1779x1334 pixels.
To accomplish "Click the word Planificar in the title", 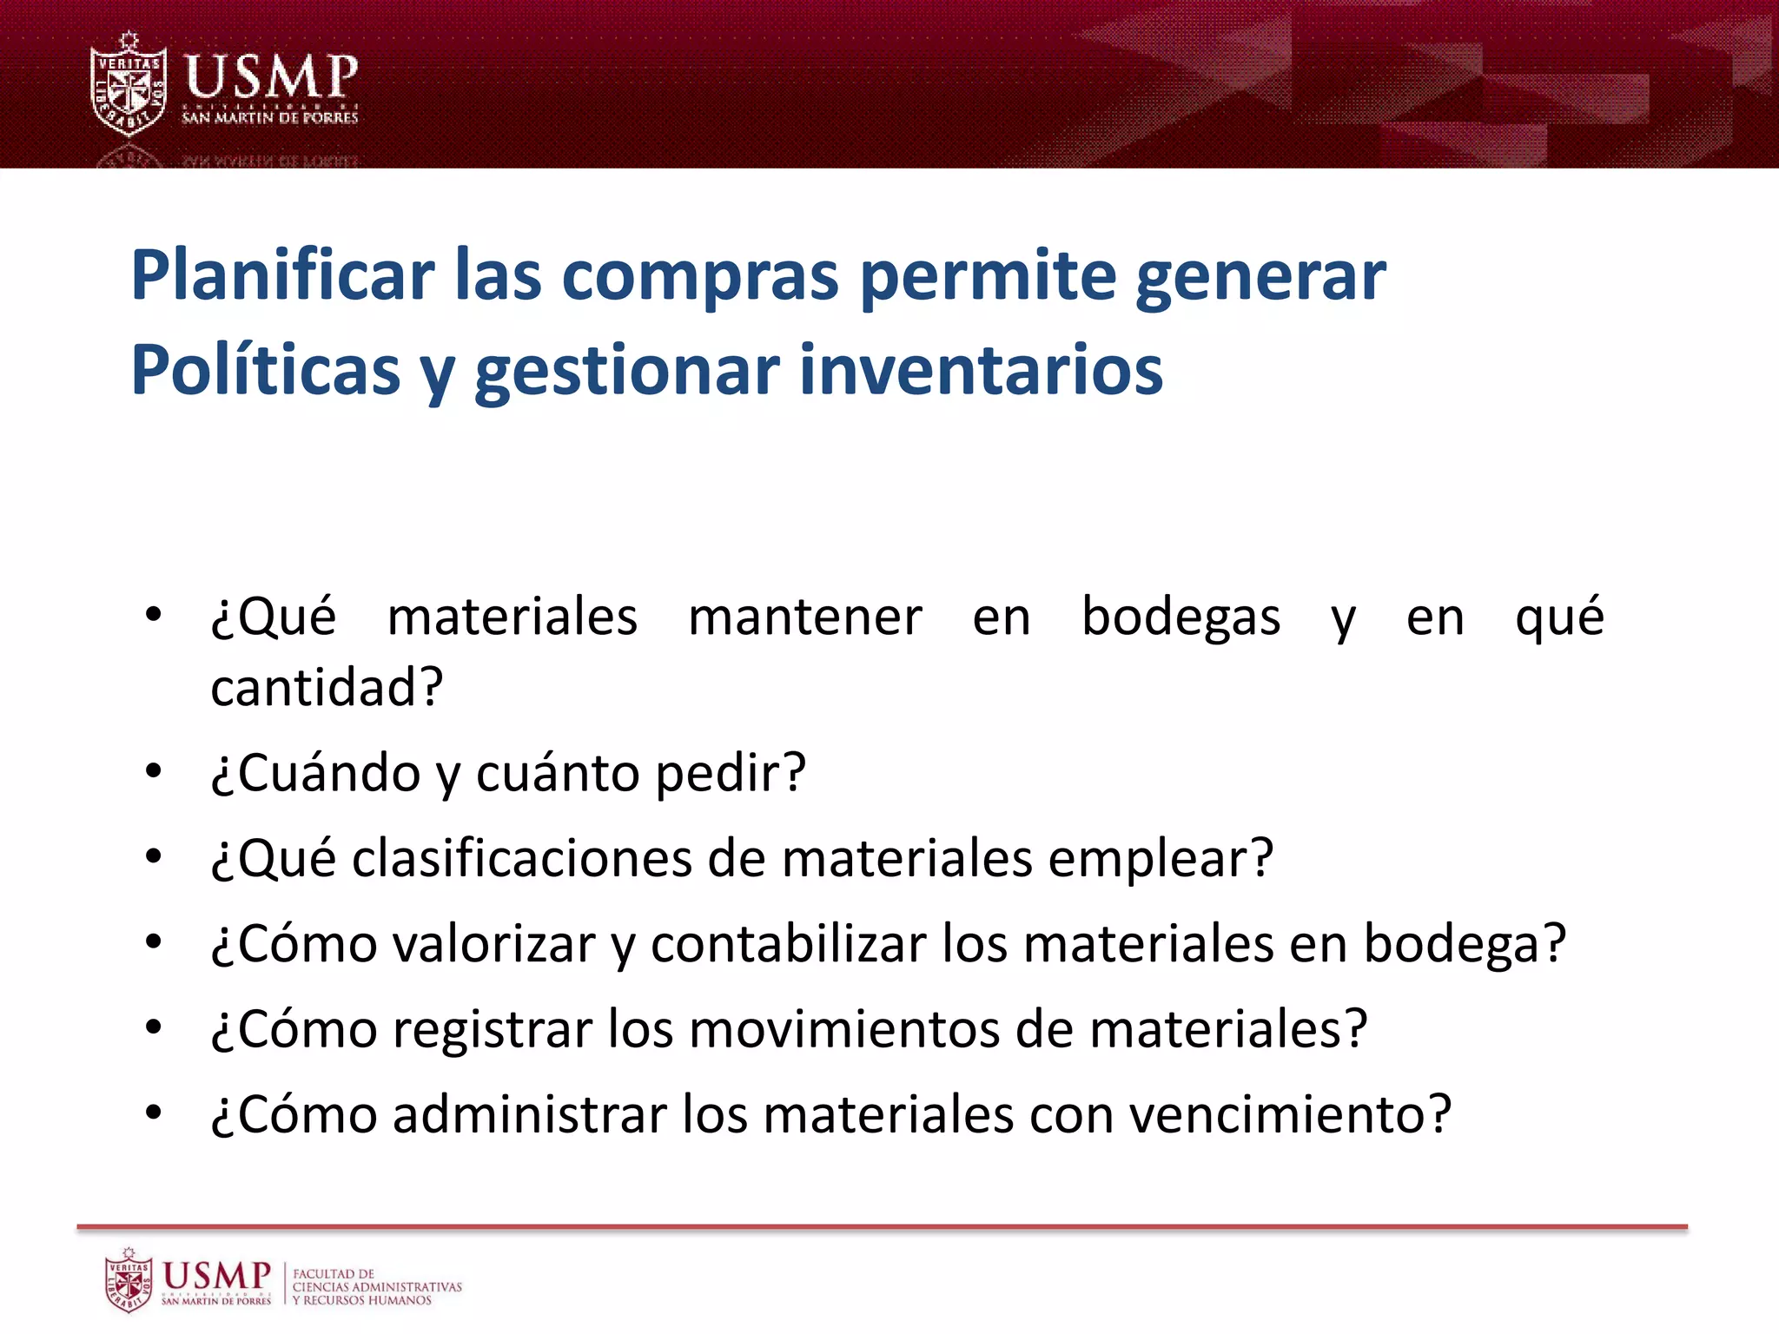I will tap(282, 276).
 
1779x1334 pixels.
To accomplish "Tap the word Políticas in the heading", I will tap(265, 371).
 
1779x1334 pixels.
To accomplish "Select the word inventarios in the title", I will tap(981, 371).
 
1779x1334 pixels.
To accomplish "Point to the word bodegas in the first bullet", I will tap(1180, 618).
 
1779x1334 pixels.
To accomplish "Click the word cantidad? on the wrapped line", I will tap(327, 688).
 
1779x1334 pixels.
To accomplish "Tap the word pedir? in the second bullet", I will tap(731, 773).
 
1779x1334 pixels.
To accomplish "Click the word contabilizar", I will tap(789, 944).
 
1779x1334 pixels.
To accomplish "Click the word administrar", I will tap(529, 1114).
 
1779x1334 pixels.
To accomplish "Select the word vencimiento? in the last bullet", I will tap(1290, 1114).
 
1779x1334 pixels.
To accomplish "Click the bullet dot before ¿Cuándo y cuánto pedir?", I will tap(154, 770).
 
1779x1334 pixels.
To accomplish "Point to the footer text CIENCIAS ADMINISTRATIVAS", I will tap(377, 1287).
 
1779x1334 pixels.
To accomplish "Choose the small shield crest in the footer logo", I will tap(129, 1281).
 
